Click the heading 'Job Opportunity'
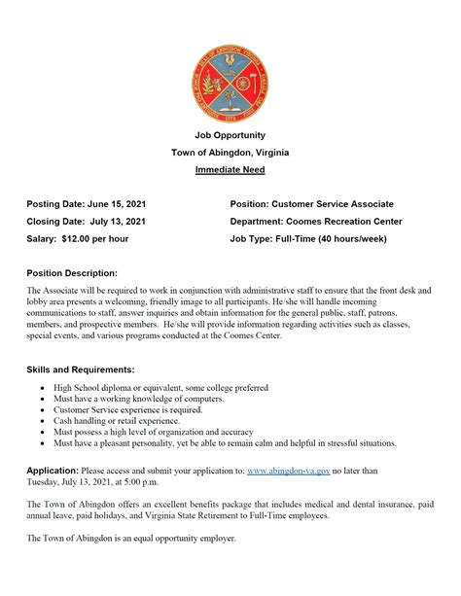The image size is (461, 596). click(230, 135)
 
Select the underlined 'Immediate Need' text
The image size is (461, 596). click(230, 170)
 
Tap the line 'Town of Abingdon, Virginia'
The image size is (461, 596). click(230, 153)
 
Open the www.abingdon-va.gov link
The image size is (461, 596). click(290, 471)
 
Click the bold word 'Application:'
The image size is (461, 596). click(53, 471)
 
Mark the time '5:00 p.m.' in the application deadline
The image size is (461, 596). click(159, 481)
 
